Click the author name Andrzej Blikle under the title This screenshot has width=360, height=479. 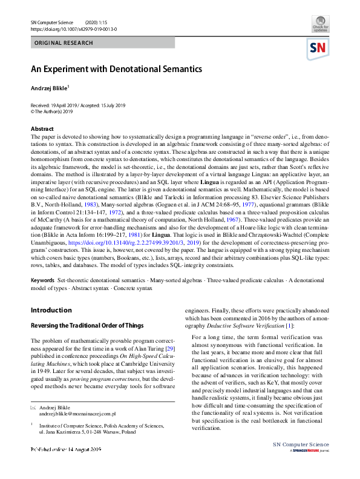(50, 88)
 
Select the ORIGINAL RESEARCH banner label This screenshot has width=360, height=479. (64, 43)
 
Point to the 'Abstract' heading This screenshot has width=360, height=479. (43, 129)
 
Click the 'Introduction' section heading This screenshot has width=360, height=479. (51, 310)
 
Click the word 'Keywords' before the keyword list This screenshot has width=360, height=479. (42, 281)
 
